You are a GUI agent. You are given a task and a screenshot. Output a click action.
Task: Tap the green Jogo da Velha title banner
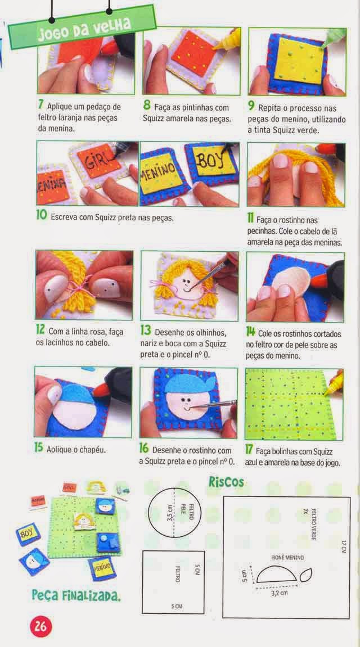(83, 27)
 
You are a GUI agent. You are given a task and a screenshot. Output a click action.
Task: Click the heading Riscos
(226, 482)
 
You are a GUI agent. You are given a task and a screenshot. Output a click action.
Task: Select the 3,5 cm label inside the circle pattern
(169, 513)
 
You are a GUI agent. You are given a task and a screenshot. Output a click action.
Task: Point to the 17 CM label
(343, 547)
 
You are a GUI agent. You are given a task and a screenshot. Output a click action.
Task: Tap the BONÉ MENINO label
(288, 558)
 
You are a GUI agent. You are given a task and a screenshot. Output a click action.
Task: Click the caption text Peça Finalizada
(76, 595)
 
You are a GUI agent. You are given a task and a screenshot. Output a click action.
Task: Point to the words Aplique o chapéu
(76, 449)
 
